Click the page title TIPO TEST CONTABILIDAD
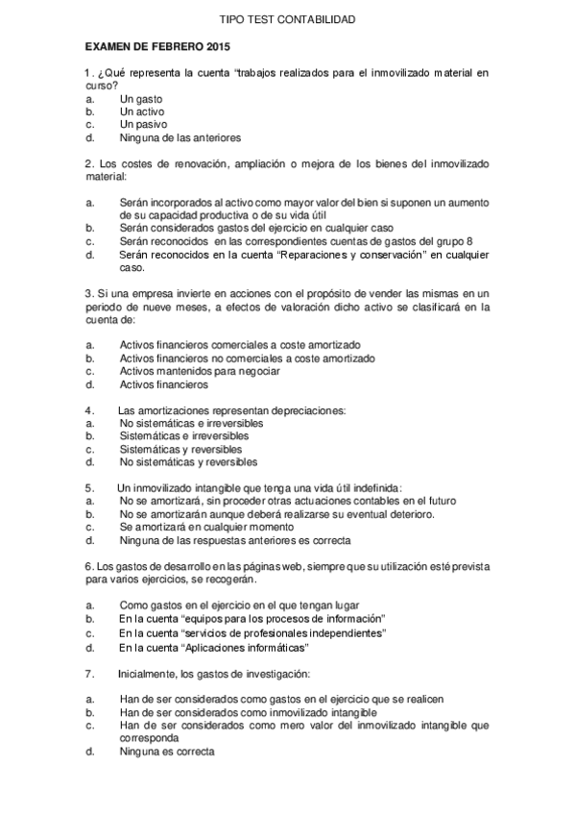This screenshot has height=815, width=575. [x=287, y=19]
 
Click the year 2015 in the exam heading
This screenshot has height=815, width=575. [x=217, y=45]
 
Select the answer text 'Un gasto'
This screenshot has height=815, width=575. [x=141, y=98]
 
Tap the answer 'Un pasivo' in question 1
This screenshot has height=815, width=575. [x=144, y=124]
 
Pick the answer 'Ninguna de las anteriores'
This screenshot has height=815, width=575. [x=180, y=137]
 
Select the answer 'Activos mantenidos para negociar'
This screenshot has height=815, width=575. [x=200, y=371]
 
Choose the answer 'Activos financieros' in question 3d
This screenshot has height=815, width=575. [x=163, y=384]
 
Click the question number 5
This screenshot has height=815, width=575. [x=88, y=488]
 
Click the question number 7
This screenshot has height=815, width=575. [x=88, y=674]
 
